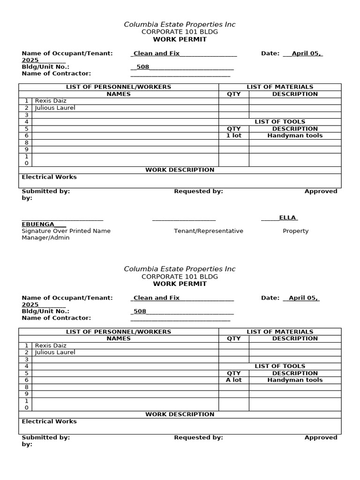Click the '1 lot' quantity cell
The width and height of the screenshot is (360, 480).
point(233,135)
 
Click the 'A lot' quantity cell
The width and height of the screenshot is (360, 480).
point(233,380)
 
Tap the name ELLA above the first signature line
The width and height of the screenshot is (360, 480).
point(288,217)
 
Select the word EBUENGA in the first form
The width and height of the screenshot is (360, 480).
point(38,225)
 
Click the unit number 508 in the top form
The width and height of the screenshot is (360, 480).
point(142,67)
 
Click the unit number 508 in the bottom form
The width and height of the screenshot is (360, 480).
point(140,311)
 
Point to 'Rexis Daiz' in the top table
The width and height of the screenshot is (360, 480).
point(51,101)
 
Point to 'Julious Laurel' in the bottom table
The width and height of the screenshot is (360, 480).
point(55,352)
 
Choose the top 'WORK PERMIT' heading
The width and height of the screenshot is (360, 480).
point(180,39)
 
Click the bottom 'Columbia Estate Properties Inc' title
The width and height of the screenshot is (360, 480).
point(180,269)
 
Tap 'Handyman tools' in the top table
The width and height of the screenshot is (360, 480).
point(295,135)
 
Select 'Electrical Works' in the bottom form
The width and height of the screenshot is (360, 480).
point(49,421)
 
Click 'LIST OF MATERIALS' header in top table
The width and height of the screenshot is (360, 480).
point(280,87)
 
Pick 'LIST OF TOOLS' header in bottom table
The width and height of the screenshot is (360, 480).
point(280,366)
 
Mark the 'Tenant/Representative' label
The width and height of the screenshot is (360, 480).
point(209,231)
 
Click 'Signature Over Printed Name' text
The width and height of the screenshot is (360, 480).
point(66,231)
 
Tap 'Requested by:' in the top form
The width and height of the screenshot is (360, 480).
point(198,191)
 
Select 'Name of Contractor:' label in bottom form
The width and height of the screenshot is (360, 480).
point(56,318)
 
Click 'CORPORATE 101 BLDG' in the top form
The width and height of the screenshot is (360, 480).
point(180,32)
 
